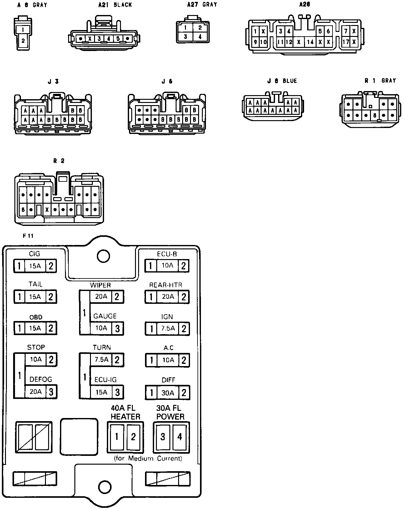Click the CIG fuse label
(x=34, y=254)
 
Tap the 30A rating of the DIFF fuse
(x=167, y=393)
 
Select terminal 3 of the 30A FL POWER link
(x=162, y=436)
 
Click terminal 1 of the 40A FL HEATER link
(x=117, y=436)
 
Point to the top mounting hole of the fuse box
(x=103, y=256)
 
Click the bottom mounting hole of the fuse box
(x=105, y=487)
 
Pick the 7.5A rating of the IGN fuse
(x=168, y=329)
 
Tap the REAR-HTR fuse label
(x=165, y=285)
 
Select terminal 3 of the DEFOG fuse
(x=51, y=392)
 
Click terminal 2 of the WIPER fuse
(x=117, y=297)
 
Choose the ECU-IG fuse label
(x=105, y=380)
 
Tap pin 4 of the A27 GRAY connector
(x=200, y=37)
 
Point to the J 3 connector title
(x=53, y=82)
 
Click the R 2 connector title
(x=59, y=161)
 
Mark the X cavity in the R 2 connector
(x=47, y=209)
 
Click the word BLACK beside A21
(x=123, y=5)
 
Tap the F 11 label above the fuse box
(x=28, y=236)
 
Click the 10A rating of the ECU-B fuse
(x=167, y=266)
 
